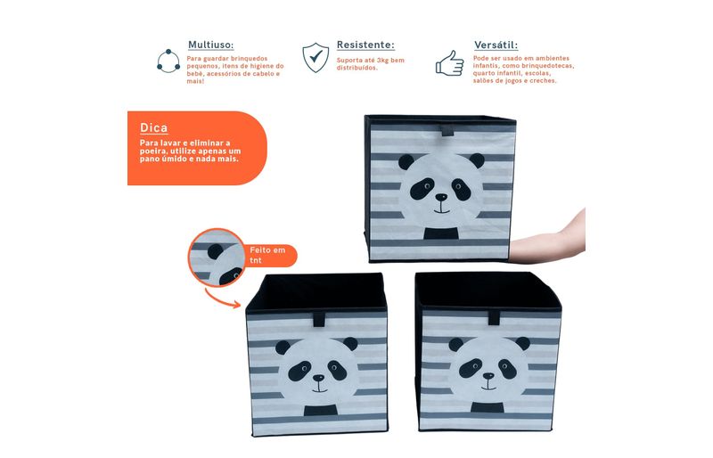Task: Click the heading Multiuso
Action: [x=210, y=45]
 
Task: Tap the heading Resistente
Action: [x=365, y=45]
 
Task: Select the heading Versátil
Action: [x=496, y=45]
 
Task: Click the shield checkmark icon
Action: [x=316, y=57]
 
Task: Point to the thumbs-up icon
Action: [x=449, y=62]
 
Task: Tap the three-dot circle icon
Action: [x=168, y=61]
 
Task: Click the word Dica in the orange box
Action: [x=153, y=127]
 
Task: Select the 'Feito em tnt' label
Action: [x=267, y=255]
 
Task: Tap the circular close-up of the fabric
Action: [x=217, y=258]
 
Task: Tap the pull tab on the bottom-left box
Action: [x=319, y=318]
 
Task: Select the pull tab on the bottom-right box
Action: [x=495, y=317]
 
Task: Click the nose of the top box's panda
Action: [x=441, y=198]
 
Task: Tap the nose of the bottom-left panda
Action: [x=319, y=378]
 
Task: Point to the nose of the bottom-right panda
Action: [x=488, y=376]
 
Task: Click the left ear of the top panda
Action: [x=406, y=161]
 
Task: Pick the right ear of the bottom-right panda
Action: [x=523, y=343]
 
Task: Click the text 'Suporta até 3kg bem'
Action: [x=370, y=60]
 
